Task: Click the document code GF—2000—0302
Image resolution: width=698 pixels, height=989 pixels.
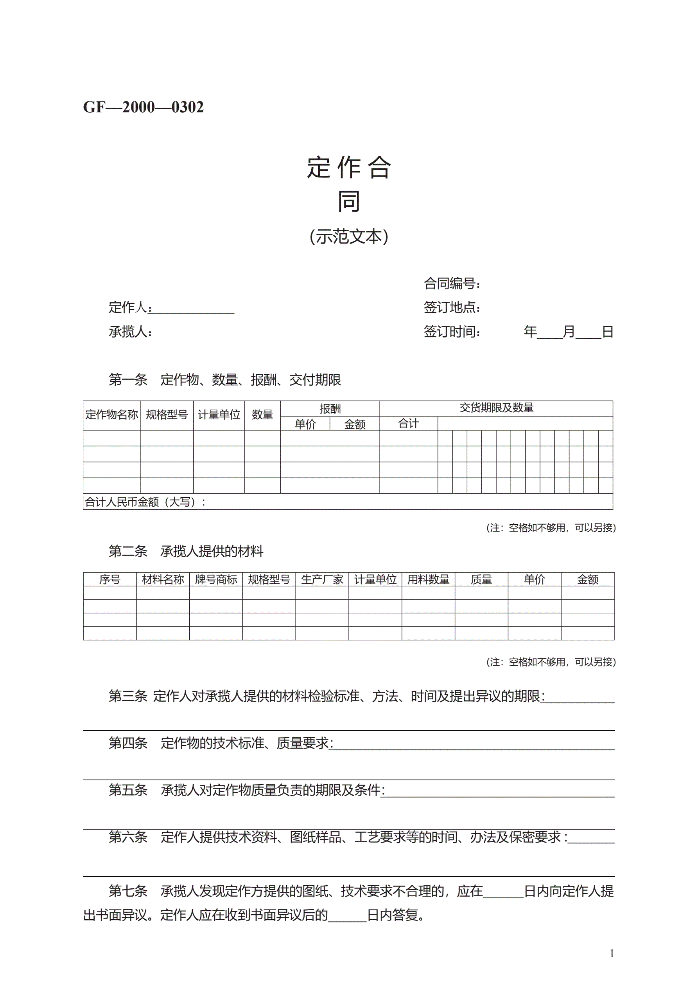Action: (143, 107)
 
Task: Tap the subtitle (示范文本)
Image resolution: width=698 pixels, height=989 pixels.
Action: (348, 236)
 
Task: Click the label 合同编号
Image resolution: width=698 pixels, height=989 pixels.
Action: (451, 283)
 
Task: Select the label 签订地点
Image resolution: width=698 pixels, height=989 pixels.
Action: (451, 308)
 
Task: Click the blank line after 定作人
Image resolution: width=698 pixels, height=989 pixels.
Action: (193, 309)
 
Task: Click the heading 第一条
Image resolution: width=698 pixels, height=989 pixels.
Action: (128, 379)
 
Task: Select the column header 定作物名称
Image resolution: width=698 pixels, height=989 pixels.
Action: (111, 414)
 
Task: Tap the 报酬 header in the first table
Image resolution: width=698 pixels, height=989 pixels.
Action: (330, 408)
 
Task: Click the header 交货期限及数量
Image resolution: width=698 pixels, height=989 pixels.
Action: (496, 408)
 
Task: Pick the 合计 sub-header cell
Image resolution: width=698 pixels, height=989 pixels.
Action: (408, 423)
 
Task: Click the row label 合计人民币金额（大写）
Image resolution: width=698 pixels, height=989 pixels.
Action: (145, 502)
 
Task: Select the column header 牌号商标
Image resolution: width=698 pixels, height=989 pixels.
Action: (216, 579)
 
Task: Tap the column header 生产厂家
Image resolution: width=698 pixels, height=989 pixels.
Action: (322, 579)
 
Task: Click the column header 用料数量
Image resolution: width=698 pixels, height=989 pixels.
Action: (428, 579)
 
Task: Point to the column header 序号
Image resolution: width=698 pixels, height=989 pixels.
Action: (110, 579)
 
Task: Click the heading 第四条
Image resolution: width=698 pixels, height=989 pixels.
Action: (128, 743)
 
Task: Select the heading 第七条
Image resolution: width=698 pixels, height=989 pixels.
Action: (128, 891)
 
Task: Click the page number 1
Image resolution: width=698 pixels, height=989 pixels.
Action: (612, 954)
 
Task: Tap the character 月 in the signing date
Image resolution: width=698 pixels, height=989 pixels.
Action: (569, 332)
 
